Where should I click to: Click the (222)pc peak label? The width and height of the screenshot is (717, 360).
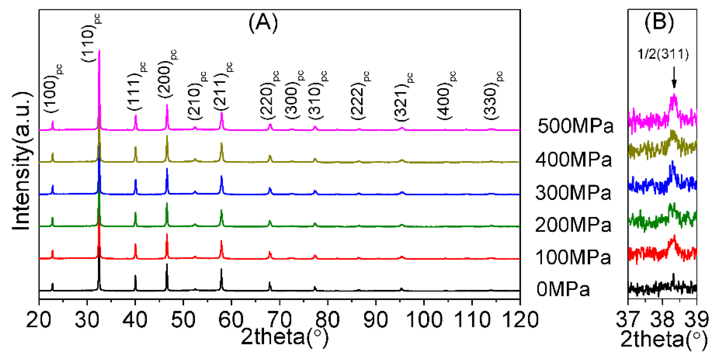pyautogui.click(x=359, y=96)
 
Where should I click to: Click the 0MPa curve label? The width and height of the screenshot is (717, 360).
pyautogui.click(x=563, y=289)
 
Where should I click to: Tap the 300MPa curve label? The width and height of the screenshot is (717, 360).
pyautogui.click(x=573, y=193)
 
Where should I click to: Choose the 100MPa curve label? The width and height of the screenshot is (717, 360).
pyautogui.click(x=573, y=258)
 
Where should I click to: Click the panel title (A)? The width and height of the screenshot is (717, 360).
pyautogui.click(x=263, y=23)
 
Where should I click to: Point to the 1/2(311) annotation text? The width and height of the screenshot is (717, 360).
pyautogui.click(x=663, y=54)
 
